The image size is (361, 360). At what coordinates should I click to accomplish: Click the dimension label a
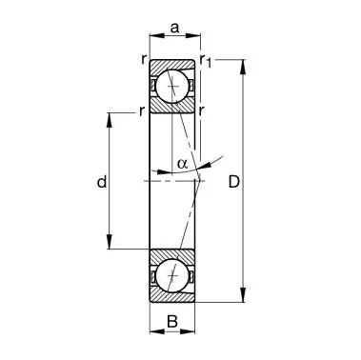174,28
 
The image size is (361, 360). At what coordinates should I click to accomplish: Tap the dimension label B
172,322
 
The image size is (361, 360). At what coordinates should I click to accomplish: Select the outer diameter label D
234,182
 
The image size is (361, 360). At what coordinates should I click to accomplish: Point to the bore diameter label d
102,182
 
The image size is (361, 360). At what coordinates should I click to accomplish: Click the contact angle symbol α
183,163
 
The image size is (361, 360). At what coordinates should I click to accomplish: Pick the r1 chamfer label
206,60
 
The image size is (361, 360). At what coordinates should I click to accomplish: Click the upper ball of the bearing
172,86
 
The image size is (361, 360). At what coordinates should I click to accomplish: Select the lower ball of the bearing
172,275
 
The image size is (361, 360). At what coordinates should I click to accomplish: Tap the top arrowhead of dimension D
243,67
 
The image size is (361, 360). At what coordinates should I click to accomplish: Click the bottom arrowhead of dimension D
243,294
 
